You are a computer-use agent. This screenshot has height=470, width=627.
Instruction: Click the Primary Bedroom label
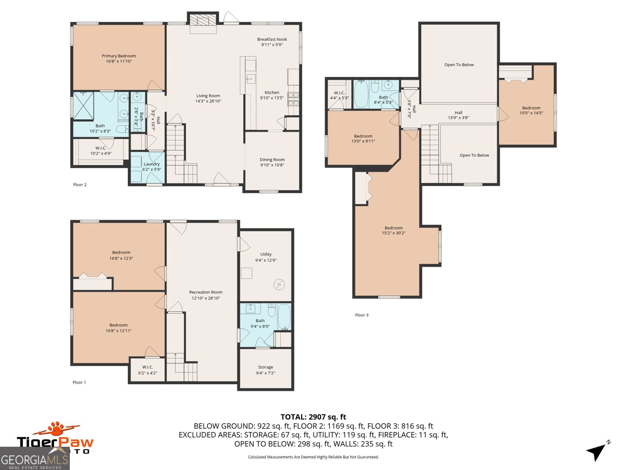coord(119,56)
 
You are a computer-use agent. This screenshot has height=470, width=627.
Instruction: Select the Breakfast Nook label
coord(272,40)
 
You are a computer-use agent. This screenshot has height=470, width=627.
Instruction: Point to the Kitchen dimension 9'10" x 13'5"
coord(272,98)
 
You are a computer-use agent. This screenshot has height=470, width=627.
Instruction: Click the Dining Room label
coord(272,160)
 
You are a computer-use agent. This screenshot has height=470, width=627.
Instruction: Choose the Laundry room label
coord(151,164)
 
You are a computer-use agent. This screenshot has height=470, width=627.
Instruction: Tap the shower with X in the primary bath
coord(83,105)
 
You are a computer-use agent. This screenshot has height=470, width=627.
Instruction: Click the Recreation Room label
coord(206,292)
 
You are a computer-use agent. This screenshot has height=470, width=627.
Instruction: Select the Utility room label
coord(266,254)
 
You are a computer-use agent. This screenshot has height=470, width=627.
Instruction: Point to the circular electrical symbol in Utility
coord(279,284)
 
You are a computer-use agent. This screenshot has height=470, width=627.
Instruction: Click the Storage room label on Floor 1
coord(265,367)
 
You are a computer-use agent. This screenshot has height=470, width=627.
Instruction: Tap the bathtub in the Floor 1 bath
coord(284,317)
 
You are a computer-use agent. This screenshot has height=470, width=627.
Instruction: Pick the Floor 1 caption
coord(79,382)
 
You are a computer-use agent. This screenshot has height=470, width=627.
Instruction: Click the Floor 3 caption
coord(362,315)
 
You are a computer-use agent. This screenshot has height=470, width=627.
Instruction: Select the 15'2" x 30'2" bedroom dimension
coord(393,233)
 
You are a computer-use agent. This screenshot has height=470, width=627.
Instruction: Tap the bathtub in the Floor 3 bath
coord(361,94)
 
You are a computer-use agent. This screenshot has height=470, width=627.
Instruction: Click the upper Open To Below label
coord(459,65)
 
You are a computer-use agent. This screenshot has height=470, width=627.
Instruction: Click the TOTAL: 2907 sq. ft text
coord(313,417)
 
